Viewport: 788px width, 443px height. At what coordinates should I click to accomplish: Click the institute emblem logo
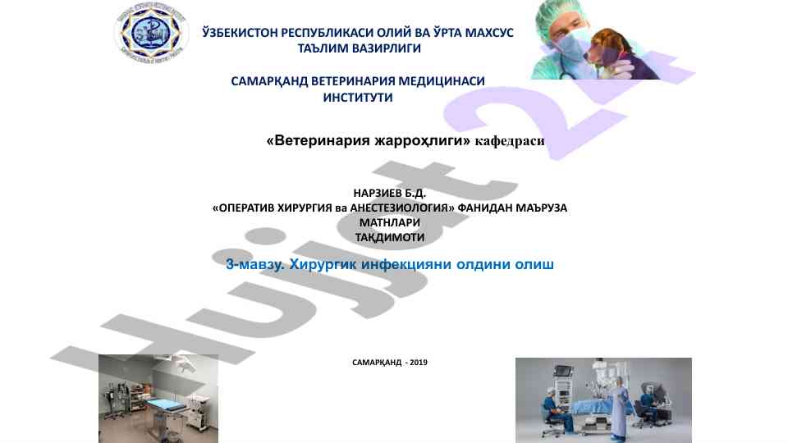(151, 33)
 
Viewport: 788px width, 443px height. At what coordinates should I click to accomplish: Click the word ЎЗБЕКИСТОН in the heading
(240, 33)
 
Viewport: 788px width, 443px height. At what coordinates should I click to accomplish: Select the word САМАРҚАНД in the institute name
(269, 81)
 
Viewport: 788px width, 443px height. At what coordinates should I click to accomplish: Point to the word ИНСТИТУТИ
(358, 98)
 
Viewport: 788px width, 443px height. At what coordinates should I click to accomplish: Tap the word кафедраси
(510, 141)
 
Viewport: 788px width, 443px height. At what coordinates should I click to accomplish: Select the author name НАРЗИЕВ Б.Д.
(389, 194)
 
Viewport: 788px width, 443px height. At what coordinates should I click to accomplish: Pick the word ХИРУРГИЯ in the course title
(305, 208)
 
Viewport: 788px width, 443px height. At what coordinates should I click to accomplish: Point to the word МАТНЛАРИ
(389, 222)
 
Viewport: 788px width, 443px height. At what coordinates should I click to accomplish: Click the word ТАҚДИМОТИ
(390, 238)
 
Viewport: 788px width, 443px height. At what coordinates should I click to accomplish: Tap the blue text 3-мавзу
(255, 265)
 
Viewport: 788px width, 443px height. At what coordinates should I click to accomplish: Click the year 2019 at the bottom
(419, 362)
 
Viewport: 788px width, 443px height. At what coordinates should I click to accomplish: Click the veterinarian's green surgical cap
(557, 15)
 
